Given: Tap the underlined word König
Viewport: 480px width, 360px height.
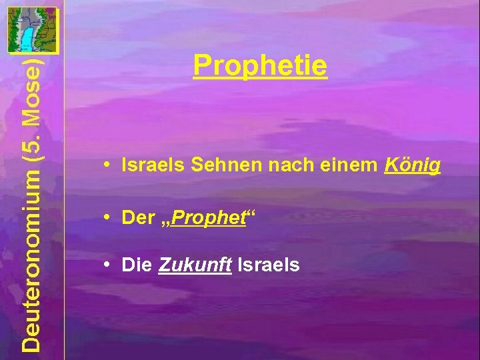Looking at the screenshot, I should coord(413,166).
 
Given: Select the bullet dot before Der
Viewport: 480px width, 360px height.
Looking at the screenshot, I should coord(107,216).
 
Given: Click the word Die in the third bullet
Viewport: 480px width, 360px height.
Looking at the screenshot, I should coord(137,265).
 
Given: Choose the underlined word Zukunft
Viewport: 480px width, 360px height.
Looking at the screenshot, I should coord(195,265).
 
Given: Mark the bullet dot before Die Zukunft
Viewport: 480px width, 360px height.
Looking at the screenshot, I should coord(107,265).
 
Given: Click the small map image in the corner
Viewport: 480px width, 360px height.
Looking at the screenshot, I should coord(31,29).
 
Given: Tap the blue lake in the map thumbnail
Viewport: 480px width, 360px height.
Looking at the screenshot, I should coord(27,37).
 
